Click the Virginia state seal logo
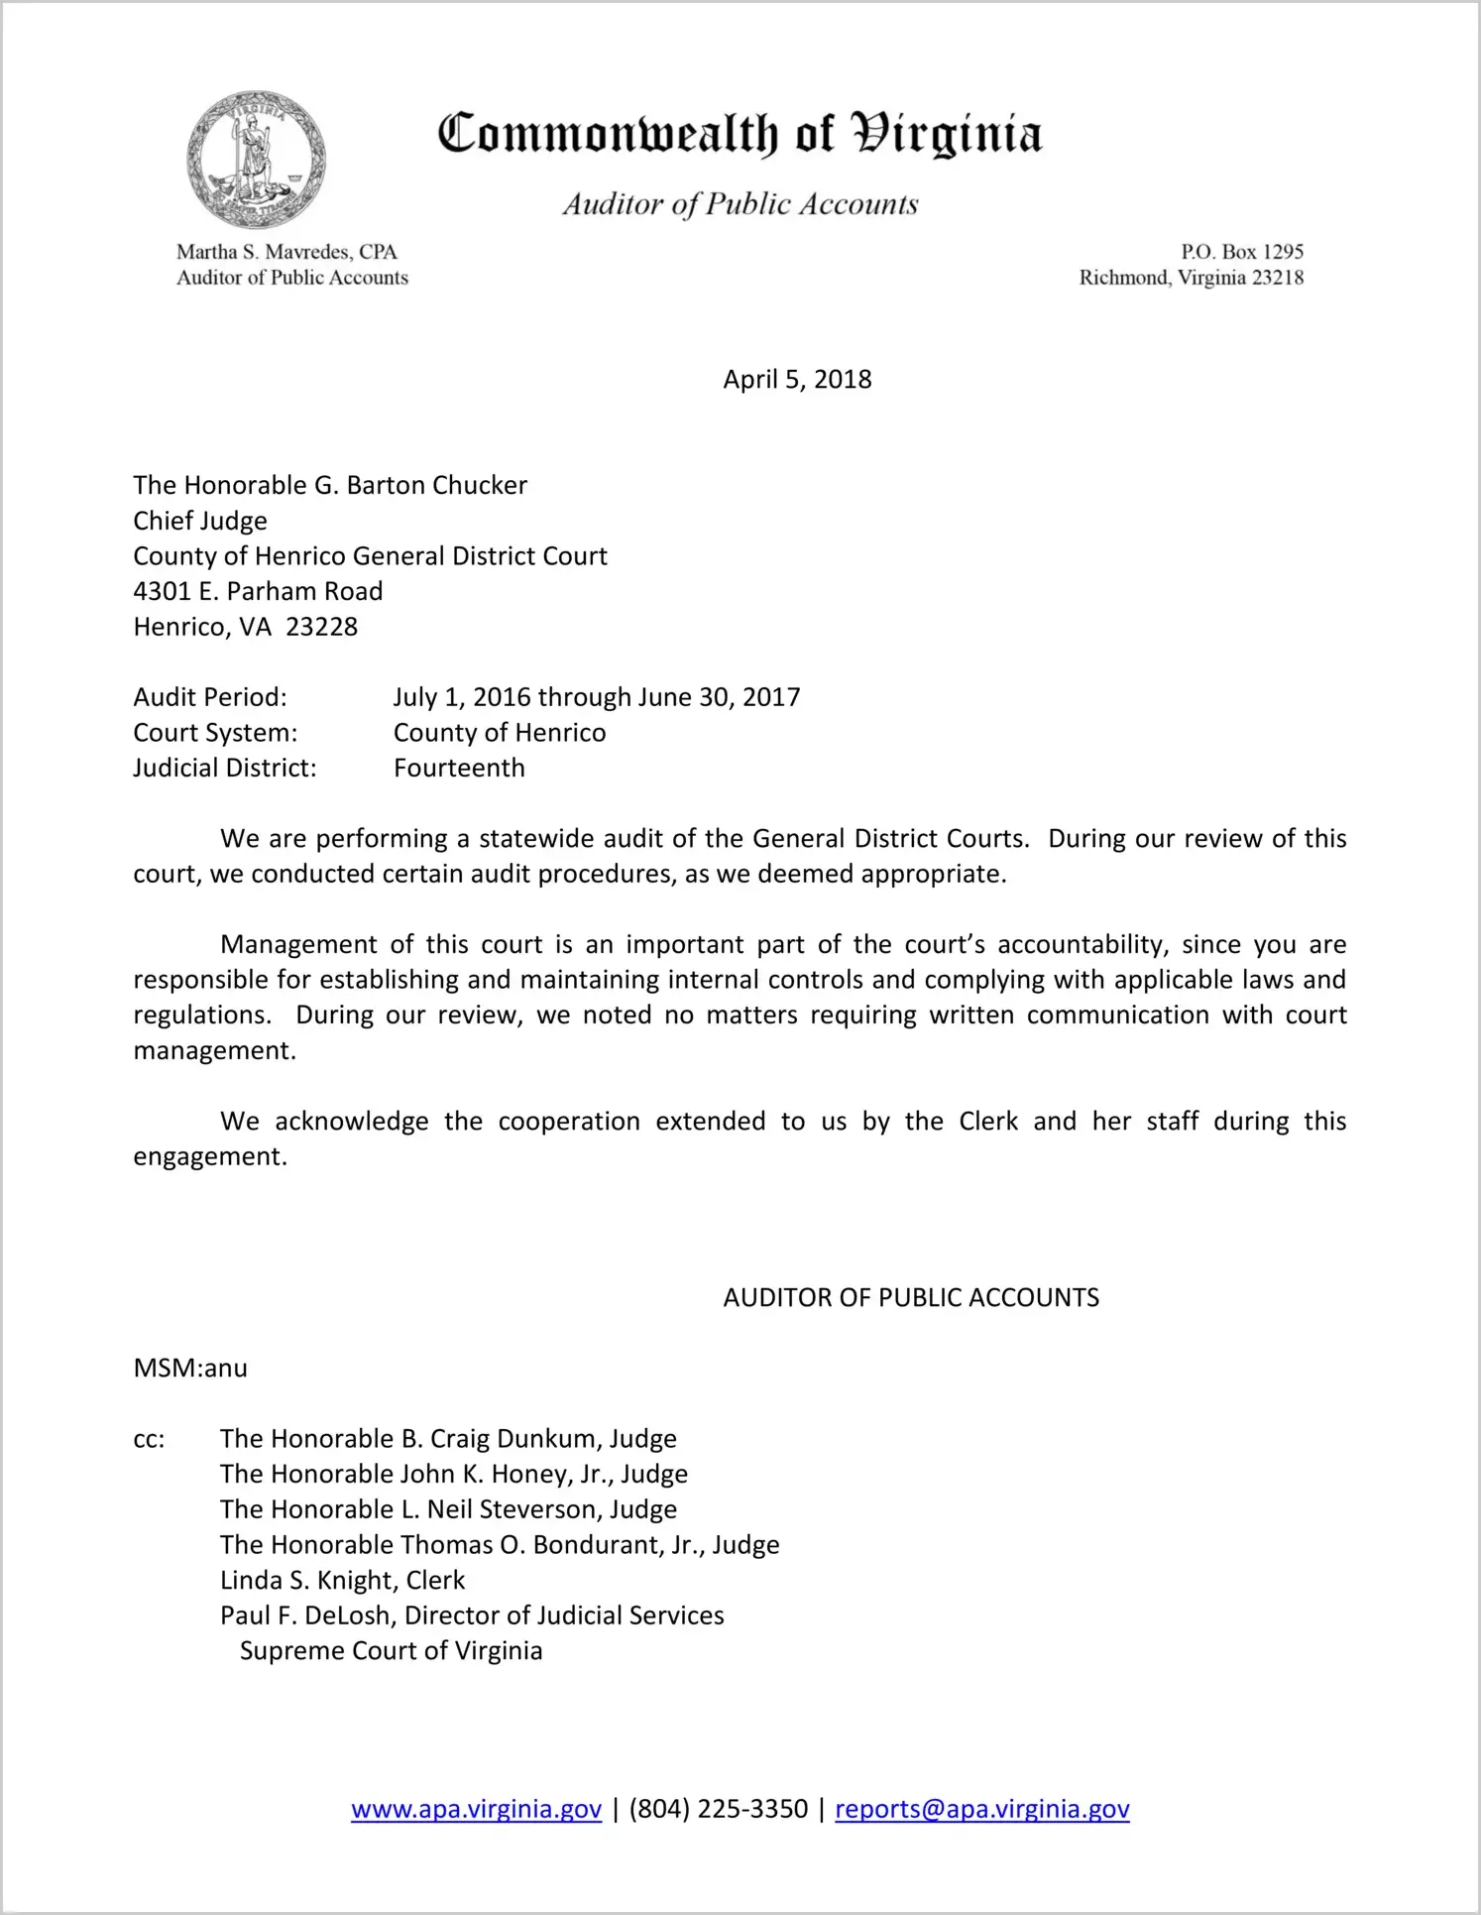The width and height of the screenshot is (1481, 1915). point(256,160)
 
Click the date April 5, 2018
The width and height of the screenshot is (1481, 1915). point(797,380)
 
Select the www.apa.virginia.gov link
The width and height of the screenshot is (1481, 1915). point(476,1809)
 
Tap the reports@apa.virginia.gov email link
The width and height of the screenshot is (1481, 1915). point(981,1809)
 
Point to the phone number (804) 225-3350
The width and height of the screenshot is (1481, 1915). point(718,1809)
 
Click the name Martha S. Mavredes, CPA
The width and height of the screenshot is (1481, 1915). point(286,252)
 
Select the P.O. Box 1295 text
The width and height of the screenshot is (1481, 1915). point(1241,252)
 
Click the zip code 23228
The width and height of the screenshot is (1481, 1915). point(321,627)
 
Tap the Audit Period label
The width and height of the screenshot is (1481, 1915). point(210,697)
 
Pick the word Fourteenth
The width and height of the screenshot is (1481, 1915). point(459,769)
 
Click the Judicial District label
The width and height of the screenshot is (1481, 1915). point(225,769)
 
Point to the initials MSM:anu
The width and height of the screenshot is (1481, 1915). point(190,1369)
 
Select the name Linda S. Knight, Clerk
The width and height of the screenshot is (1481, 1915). point(342,1580)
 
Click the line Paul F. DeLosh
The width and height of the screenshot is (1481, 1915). point(472,1616)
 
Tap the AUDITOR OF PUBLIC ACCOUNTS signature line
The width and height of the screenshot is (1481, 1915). point(911,1298)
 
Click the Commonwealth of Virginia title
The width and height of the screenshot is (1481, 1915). point(740,134)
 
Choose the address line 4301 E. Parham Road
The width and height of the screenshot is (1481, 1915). point(258,592)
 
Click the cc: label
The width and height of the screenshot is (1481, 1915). point(149,1440)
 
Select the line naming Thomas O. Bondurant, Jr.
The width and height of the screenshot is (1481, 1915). point(500,1545)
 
